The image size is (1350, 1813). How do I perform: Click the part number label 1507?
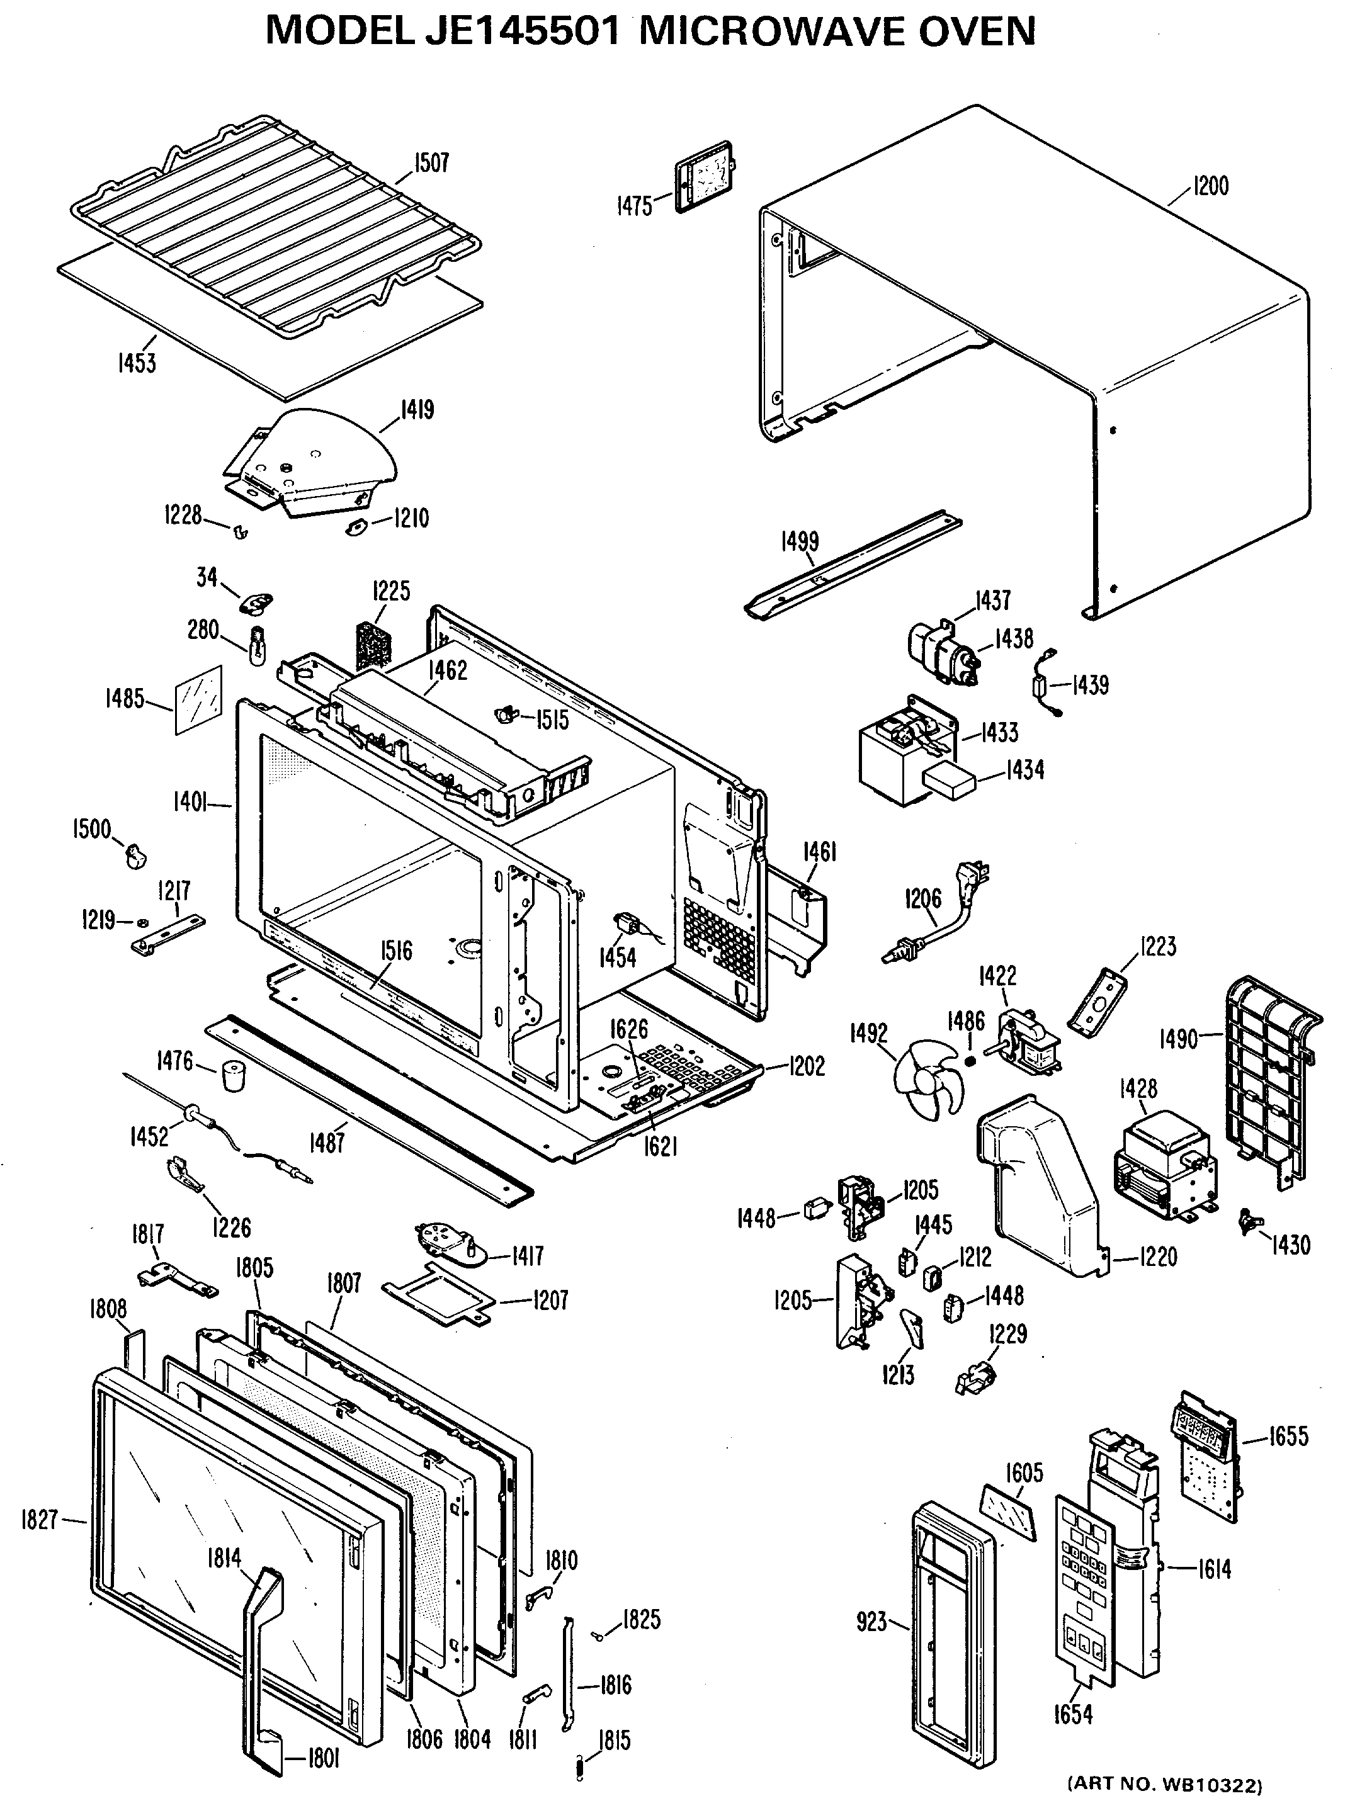click(x=431, y=164)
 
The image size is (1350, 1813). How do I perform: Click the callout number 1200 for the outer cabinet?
click(x=1210, y=186)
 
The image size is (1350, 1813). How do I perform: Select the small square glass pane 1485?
click(x=198, y=699)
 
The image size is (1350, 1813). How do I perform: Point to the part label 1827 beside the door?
click(x=39, y=1520)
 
